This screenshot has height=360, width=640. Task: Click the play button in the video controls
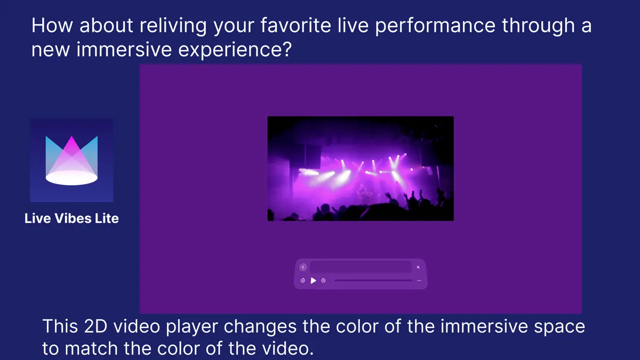pos(314,281)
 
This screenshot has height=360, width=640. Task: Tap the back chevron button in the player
pos(303,267)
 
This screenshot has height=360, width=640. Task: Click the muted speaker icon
pos(419,267)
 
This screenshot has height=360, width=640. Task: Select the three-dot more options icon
pos(419,281)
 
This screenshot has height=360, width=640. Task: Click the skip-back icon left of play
pos(303,281)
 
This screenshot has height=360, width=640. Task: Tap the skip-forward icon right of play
pos(324,281)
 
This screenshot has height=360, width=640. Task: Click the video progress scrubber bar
pos(373,281)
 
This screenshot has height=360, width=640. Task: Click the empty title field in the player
pos(361,267)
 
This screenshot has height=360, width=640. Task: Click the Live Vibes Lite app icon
pos(71,160)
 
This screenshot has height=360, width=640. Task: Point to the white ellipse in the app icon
pos(71,178)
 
